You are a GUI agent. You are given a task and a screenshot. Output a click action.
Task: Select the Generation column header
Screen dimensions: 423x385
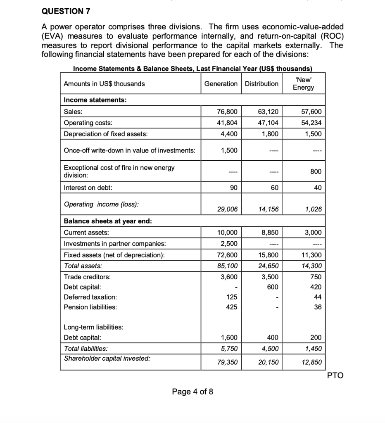(221, 84)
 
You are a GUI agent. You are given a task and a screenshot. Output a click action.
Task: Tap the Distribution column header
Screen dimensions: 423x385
(261, 84)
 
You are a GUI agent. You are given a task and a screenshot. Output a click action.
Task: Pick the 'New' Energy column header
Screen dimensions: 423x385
(304, 84)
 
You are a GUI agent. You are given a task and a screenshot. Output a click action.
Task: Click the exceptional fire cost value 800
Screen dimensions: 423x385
(315, 171)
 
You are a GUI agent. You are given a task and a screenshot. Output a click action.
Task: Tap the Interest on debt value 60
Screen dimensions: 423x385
(274, 188)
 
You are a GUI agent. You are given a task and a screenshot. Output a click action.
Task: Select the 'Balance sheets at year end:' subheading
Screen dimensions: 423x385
(107, 221)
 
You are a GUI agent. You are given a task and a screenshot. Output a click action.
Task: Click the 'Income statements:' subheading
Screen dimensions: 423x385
(95, 100)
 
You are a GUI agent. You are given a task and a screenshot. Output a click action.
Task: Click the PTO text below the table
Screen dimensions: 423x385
(335, 375)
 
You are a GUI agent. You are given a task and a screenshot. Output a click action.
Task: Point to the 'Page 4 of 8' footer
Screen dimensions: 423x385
(192, 392)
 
